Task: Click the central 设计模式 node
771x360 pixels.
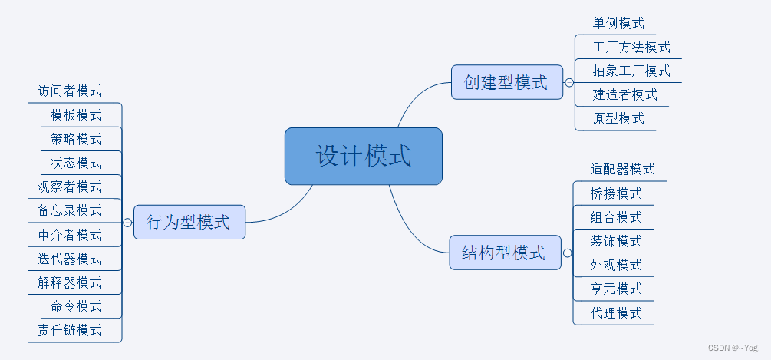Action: (x=363, y=157)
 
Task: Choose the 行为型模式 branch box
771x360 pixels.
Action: (x=189, y=223)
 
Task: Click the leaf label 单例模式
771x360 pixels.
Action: (x=618, y=24)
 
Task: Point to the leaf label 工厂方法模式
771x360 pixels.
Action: (x=631, y=48)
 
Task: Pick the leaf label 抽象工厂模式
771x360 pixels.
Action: (x=631, y=71)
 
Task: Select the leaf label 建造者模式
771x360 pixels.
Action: (x=624, y=95)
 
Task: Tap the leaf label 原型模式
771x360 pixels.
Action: (x=618, y=119)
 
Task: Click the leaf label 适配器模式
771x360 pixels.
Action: (x=623, y=170)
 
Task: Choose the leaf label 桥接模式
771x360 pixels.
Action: (x=616, y=193)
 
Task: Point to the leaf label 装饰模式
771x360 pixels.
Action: (x=616, y=241)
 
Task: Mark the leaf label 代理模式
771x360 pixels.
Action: (x=616, y=313)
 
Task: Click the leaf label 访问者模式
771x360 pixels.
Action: (x=70, y=91)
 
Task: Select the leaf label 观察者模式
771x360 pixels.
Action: (x=70, y=187)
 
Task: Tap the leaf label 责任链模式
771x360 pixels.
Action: (x=70, y=331)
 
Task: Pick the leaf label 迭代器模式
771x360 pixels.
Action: (x=70, y=259)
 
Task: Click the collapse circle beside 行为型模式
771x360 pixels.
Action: (x=127, y=223)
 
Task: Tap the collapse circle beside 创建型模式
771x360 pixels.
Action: (x=569, y=82)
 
